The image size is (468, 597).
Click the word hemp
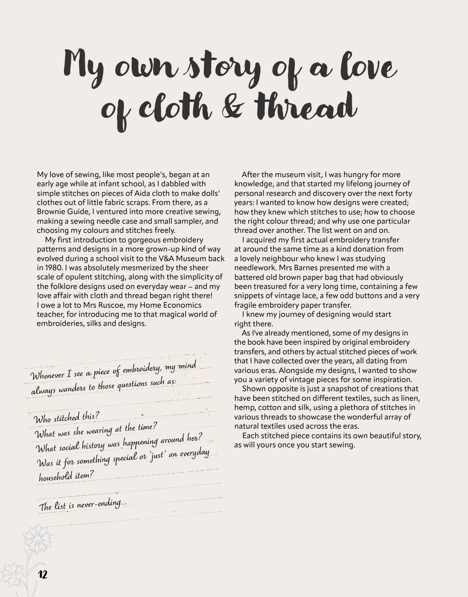(244, 408)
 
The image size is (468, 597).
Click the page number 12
(43, 574)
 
